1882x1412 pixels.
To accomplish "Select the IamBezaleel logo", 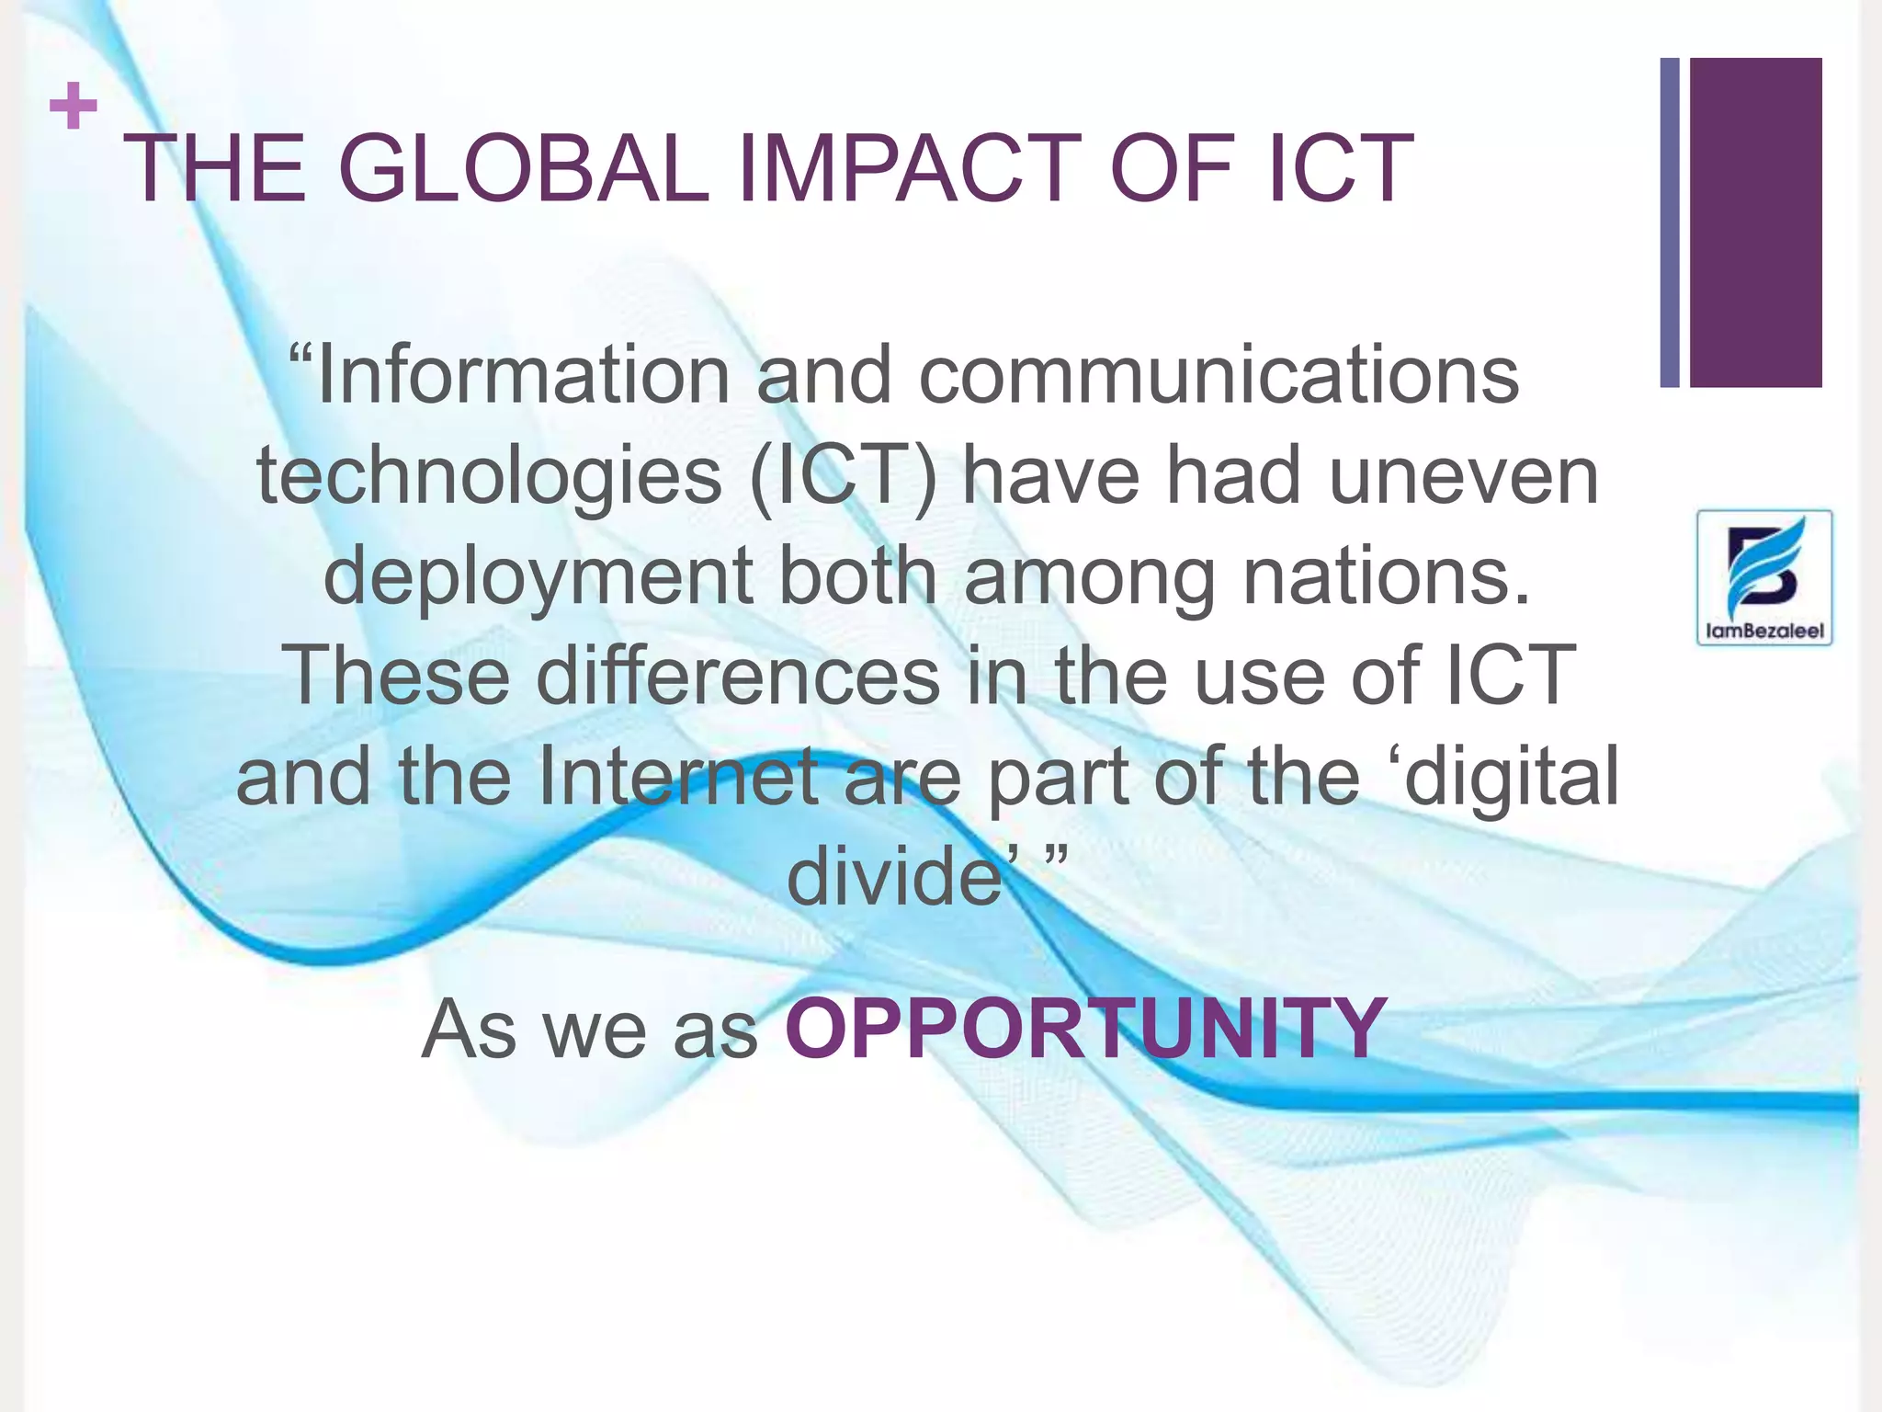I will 1763,577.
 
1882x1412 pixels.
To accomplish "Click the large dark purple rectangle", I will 1755,222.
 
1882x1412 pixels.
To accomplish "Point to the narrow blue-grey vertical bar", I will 1670,222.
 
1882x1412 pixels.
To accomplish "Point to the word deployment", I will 539,577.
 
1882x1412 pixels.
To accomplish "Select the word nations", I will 1387,577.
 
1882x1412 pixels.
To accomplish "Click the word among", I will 1090,577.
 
